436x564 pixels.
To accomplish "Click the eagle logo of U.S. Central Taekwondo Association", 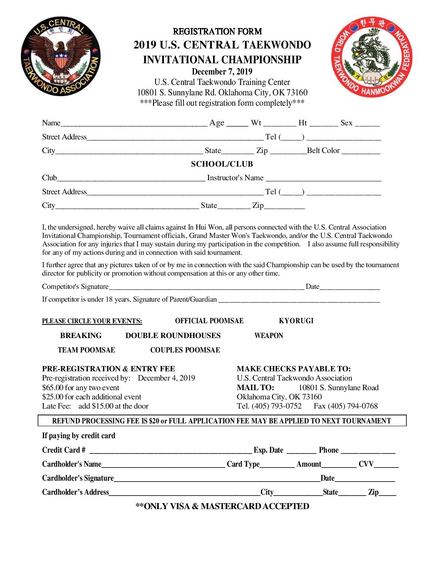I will pos(61,56).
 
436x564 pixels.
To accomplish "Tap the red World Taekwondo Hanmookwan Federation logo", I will pos(371,57).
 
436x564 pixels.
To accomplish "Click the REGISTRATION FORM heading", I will pos(217,31).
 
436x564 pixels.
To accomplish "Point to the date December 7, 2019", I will pos(222,72).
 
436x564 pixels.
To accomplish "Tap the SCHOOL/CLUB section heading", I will pos(222,164).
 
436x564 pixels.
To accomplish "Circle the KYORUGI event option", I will pos(296,321).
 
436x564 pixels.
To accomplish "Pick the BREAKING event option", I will pos(81,336).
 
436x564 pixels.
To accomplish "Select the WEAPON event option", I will pos(268,336).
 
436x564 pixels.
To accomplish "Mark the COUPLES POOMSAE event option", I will pos(185,350).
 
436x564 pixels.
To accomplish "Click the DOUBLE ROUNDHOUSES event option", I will pos(173,336).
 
